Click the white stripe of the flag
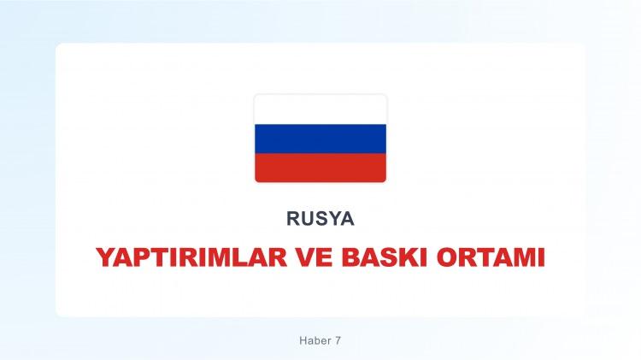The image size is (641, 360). click(320, 110)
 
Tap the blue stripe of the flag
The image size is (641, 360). click(320, 139)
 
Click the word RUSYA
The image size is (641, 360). click(320, 219)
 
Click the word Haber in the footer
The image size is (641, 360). click(307, 340)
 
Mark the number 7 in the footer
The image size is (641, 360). click(338, 340)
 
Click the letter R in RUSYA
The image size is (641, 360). click(293, 219)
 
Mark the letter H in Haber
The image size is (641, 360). click(292, 340)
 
